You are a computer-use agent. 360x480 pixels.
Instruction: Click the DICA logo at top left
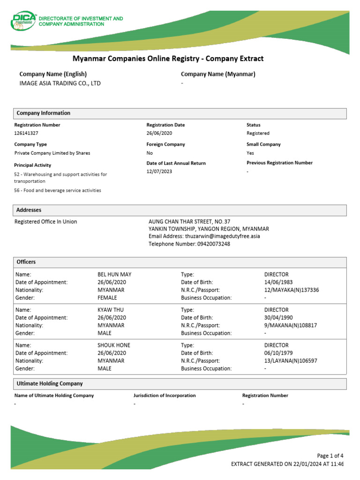tap(23, 21)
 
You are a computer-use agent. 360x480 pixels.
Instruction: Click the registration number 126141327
tap(26, 133)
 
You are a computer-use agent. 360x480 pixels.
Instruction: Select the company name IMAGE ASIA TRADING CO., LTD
tap(60, 83)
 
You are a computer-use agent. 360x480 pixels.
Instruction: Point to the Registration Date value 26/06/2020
tap(159, 133)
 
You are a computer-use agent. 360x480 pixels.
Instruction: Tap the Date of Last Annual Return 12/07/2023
tap(159, 172)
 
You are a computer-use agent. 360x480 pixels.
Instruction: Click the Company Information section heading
tap(44, 113)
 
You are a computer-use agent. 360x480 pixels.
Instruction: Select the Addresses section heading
tap(29, 210)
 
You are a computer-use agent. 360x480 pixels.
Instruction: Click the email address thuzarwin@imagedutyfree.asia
tap(222, 236)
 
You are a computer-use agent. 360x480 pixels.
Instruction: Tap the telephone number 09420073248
tap(213, 244)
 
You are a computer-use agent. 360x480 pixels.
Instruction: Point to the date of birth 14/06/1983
tap(278, 282)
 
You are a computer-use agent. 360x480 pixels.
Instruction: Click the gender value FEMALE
tap(107, 298)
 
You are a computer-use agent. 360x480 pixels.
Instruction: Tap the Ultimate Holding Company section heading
tap(50, 383)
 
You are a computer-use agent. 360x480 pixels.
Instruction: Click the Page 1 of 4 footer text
tap(330, 456)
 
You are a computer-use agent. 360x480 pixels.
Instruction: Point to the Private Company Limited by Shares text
tap(52, 153)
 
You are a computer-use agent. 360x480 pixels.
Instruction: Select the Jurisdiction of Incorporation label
tap(165, 396)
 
